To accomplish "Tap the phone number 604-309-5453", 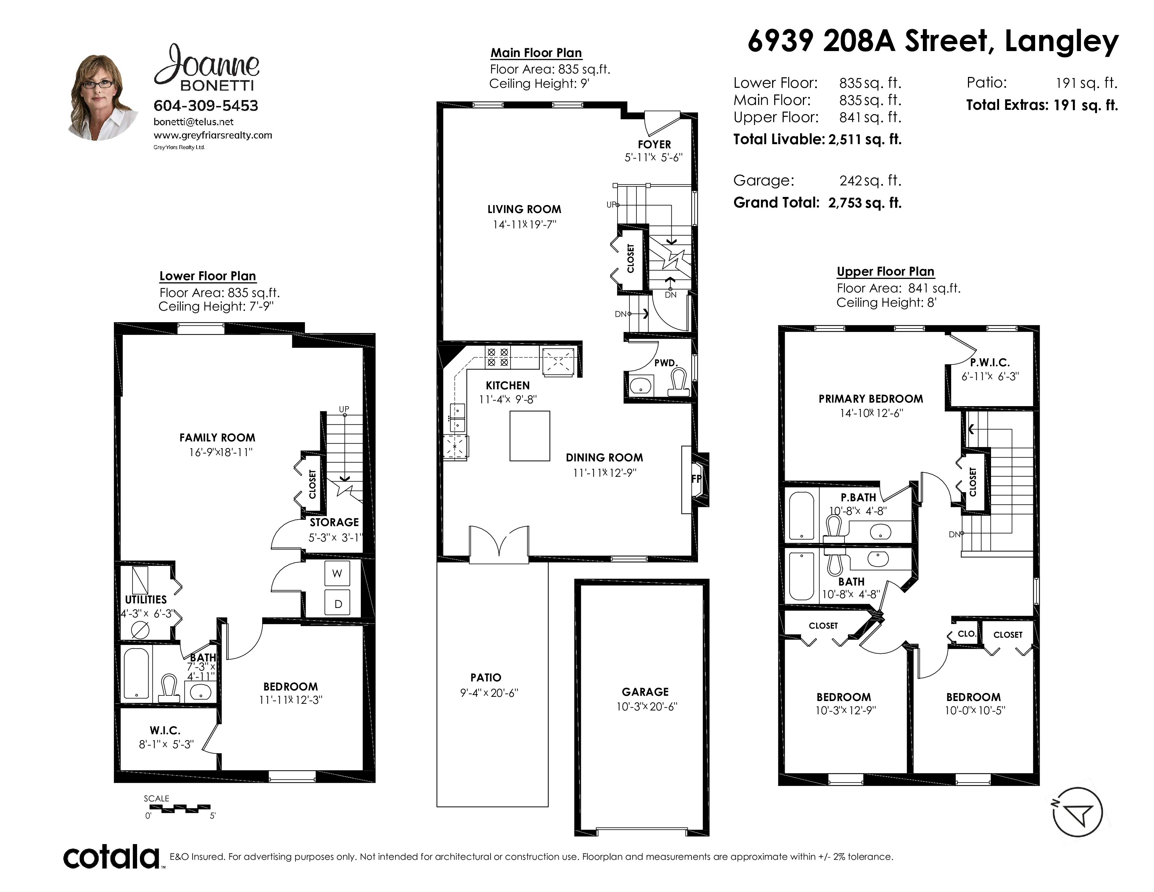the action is point(206,106).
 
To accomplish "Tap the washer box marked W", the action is point(337,573).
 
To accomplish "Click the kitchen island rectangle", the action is point(529,436).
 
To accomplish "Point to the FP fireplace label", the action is point(696,479).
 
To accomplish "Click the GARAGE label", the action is point(645,692).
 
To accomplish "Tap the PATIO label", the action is point(486,678).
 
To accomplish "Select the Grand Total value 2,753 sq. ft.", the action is point(864,203).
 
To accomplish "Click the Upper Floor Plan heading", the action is point(885,271).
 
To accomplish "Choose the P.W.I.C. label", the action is point(990,362).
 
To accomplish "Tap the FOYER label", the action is point(654,144).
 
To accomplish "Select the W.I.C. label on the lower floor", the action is point(165,730).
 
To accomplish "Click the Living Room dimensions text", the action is point(524,225).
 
